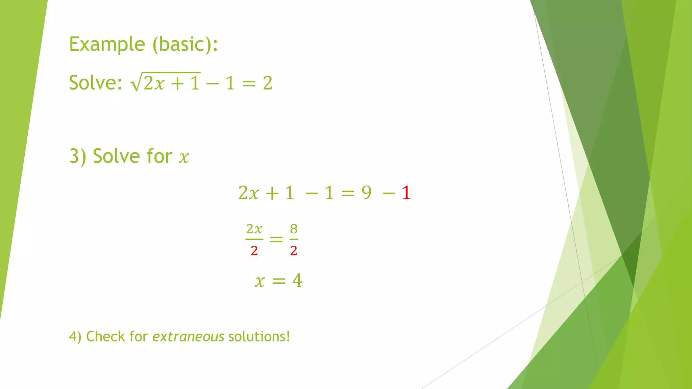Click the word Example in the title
(107, 44)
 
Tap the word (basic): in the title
(185, 44)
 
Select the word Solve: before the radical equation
(96, 83)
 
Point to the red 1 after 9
(406, 193)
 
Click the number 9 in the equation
(367, 193)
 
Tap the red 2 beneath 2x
(254, 251)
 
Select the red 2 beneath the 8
(294, 251)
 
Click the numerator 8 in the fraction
(294, 229)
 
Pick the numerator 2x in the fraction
(254, 229)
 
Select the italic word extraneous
(188, 337)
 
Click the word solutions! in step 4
(259, 337)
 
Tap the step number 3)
(78, 156)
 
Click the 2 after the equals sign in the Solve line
(268, 83)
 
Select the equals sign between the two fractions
(276, 239)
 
